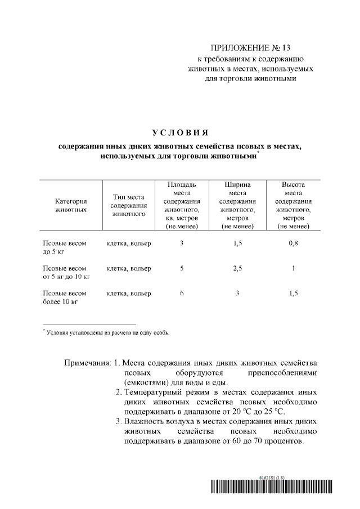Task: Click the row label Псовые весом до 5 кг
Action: coord(65,247)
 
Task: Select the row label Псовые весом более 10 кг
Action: coord(65,298)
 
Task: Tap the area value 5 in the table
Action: coord(182,269)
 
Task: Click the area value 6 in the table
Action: coord(182,294)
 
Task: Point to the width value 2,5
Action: coord(237,269)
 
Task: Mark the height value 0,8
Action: coord(293,244)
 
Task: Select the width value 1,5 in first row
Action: coord(237,244)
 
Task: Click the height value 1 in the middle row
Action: coord(293,269)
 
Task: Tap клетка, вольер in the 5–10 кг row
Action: coord(129,269)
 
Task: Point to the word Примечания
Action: coord(88,362)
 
